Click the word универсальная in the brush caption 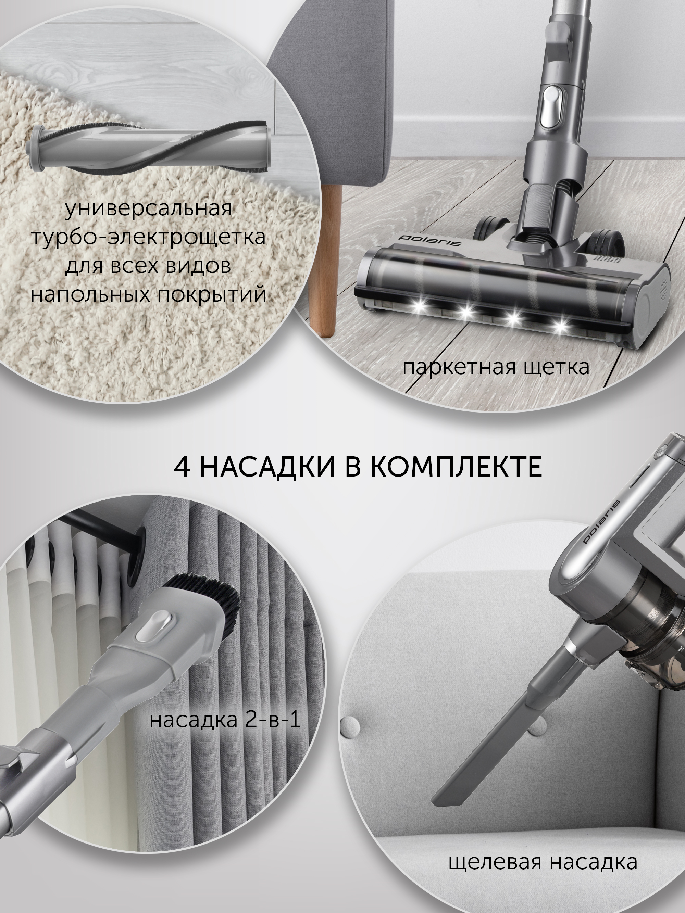[148, 209]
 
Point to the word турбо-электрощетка [149, 237]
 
